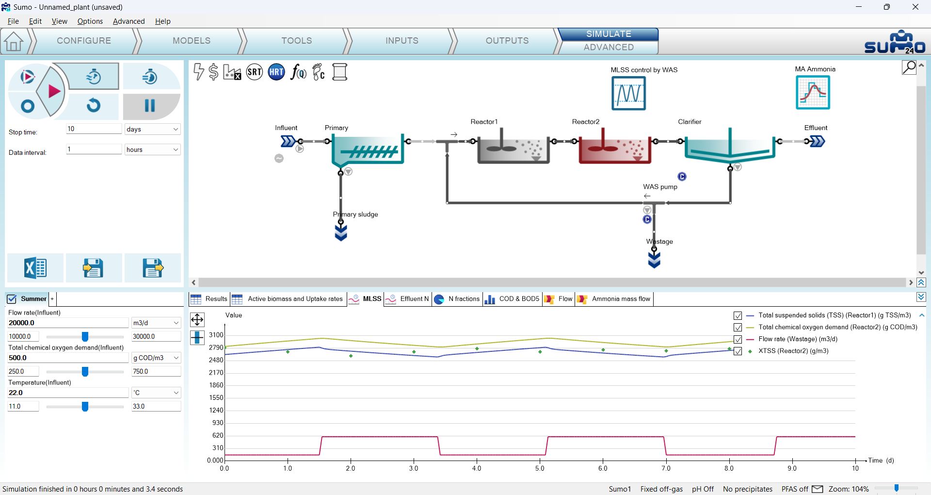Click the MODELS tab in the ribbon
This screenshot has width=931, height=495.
pos(192,41)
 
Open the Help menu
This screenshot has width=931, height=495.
pos(163,21)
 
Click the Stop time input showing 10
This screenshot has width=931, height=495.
pos(94,129)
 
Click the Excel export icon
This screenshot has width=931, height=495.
pos(35,268)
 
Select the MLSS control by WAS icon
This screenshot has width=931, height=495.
pos(628,93)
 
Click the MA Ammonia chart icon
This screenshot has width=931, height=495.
pos(813,92)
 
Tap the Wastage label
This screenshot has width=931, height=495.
pos(659,241)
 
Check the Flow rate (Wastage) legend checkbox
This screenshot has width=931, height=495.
pos(738,339)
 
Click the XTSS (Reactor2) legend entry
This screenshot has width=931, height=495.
pos(793,351)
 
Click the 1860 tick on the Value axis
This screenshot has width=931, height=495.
pos(216,385)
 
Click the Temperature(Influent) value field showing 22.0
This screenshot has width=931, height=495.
pos(68,393)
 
